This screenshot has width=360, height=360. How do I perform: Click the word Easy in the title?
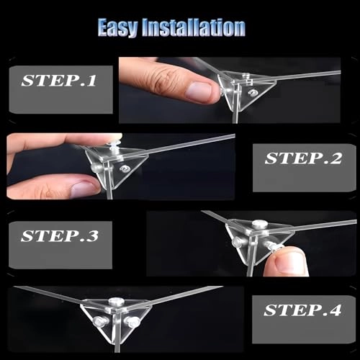point(118,28)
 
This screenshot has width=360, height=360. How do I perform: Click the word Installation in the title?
point(194,27)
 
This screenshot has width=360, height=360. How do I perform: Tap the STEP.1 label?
point(59,81)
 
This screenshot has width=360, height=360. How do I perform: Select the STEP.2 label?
point(303,158)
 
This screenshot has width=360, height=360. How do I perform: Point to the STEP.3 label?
point(60,236)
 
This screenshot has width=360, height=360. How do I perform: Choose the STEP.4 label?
point(302,310)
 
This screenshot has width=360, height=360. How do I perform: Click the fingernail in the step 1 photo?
point(199,92)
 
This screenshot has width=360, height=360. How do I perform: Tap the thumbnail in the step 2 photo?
point(84,189)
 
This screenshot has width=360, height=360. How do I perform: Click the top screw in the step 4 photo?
point(116,301)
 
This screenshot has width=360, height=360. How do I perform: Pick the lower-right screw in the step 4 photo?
point(132,321)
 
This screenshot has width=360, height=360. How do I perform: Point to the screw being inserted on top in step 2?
point(114,145)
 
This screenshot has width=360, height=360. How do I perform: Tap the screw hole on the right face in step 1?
point(253,92)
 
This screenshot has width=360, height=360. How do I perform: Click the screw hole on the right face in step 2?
point(125,168)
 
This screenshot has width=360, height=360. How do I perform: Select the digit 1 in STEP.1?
point(91,81)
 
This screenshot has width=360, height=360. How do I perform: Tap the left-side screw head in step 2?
point(95,167)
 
